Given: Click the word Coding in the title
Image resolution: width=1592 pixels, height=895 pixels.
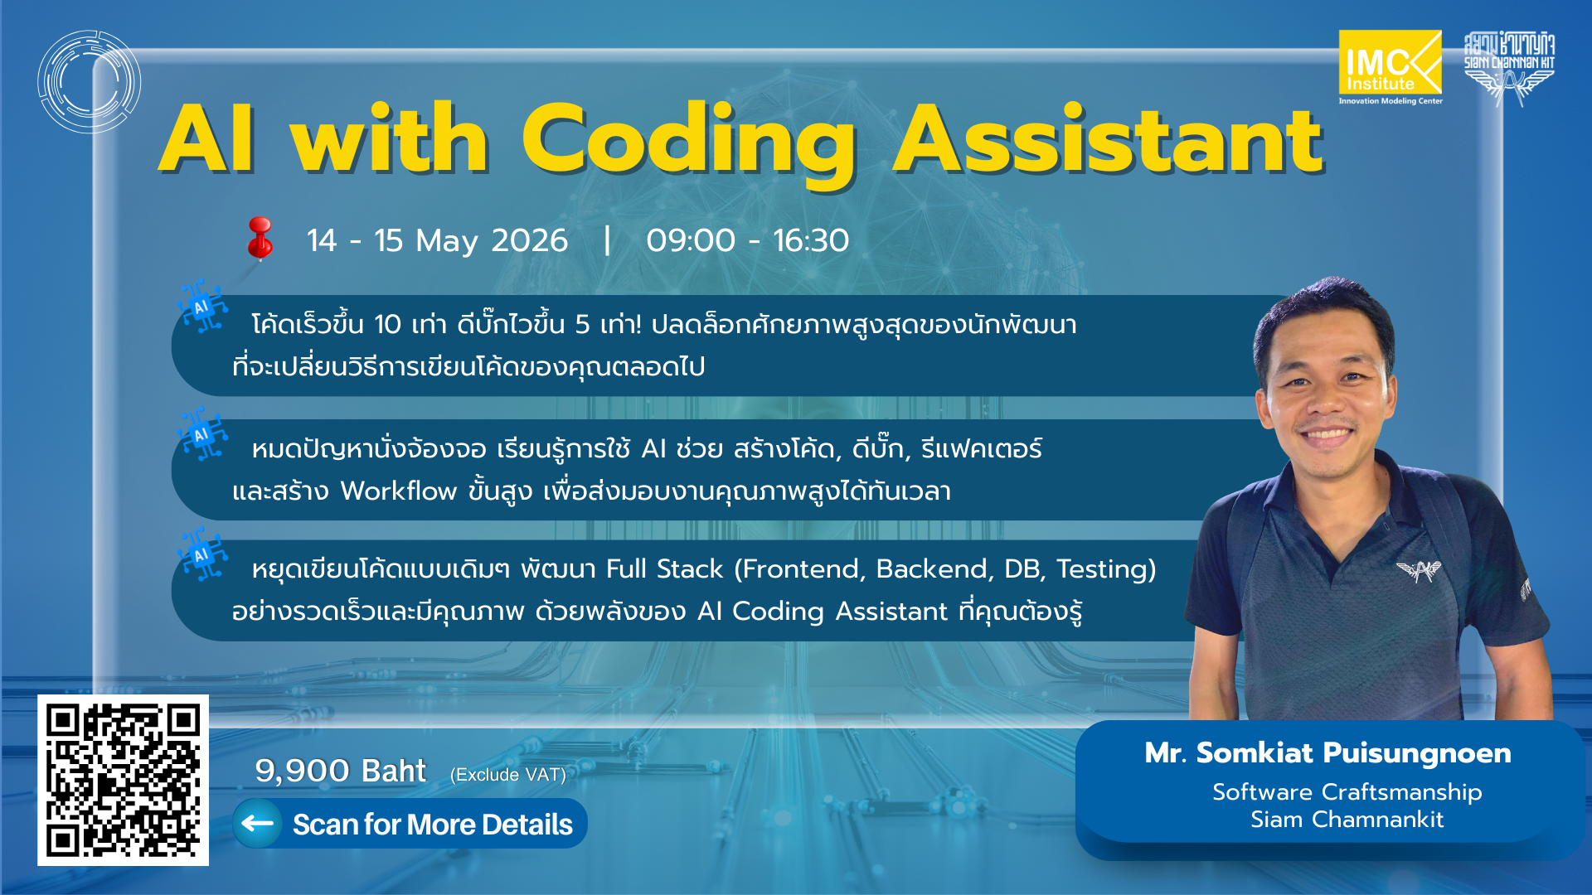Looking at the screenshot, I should click(688, 141).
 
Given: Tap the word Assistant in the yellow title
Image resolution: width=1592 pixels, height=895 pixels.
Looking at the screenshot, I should click(1107, 141).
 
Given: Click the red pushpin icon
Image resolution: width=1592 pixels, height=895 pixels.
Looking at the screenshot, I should click(260, 238).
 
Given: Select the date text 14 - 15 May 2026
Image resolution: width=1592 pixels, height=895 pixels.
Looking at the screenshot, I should click(437, 241).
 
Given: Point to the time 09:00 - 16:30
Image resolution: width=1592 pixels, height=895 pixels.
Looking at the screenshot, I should click(747, 241).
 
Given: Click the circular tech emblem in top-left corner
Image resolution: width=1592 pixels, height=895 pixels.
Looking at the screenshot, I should click(89, 82).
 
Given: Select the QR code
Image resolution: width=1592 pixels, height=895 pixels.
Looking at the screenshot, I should click(123, 780).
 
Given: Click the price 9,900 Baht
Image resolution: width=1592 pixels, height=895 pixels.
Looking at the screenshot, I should click(340, 771).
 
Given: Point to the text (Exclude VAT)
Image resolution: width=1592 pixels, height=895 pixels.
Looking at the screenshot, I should click(507, 775).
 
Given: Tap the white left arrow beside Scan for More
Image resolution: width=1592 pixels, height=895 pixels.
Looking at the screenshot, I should click(258, 823).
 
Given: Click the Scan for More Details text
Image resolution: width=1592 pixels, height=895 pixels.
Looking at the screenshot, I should click(432, 825).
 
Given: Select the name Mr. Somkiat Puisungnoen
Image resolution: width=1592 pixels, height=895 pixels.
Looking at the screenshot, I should click(1327, 753).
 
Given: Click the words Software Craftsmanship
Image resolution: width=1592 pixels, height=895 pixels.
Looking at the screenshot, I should click(1347, 792).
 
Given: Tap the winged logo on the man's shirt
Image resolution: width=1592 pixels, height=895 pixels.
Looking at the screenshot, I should click(1419, 570).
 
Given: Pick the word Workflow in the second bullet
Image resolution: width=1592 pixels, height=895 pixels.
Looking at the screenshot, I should click(398, 491).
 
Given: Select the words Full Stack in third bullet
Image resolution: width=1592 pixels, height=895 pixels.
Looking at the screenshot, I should click(664, 569).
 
